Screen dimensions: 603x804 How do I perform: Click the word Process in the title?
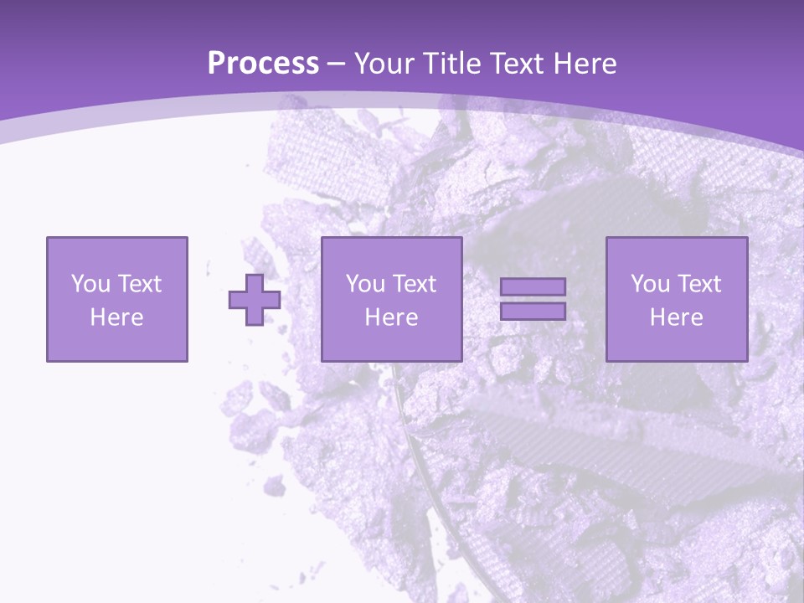(x=263, y=64)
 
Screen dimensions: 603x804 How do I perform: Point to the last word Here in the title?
(x=585, y=64)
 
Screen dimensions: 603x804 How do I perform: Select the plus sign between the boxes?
(x=255, y=300)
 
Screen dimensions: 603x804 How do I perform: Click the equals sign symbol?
(x=533, y=299)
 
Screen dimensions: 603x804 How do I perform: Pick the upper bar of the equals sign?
(x=533, y=287)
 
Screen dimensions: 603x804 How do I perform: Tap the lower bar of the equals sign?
(x=533, y=311)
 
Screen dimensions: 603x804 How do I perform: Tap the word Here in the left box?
(x=116, y=317)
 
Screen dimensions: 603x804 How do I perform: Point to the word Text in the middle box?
(x=414, y=284)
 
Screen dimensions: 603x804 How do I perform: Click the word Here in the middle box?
(x=391, y=317)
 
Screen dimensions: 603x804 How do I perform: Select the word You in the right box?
(x=650, y=284)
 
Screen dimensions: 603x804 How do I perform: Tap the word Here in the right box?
(x=677, y=317)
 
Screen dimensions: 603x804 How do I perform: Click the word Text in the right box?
(x=698, y=284)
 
